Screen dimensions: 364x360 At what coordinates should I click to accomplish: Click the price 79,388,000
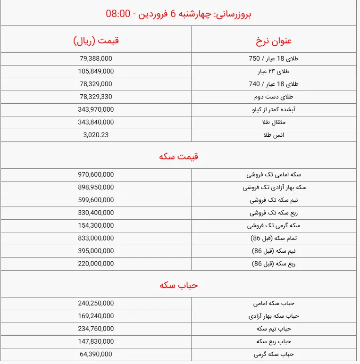tap(96, 58)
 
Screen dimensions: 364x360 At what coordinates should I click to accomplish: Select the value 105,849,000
tap(96, 71)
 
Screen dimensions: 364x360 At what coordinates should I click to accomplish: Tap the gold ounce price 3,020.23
tap(96, 134)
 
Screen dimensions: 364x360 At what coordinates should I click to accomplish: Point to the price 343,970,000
tap(96, 109)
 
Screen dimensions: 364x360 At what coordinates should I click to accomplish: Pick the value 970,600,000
tap(96, 174)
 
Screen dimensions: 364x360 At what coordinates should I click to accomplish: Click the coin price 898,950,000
tap(96, 187)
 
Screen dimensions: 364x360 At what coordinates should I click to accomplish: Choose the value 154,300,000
tap(96, 225)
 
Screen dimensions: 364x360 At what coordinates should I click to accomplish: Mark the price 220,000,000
tap(96, 264)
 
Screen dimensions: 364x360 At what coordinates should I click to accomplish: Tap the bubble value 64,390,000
tap(96, 354)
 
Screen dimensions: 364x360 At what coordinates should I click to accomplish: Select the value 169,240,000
tap(96, 316)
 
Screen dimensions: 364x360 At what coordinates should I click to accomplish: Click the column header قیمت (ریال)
tap(96, 40)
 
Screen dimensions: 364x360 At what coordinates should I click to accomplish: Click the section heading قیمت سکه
tap(179, 156)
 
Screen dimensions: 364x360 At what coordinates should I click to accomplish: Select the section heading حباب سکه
tap(179, 285)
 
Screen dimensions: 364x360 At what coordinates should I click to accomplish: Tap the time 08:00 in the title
tap(118, 13)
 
